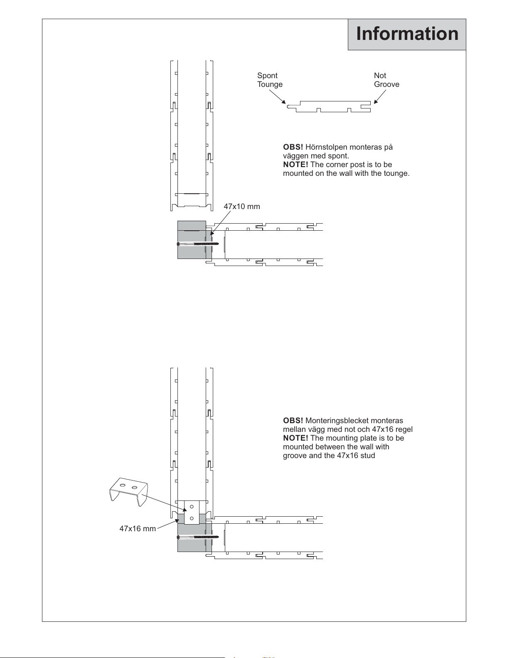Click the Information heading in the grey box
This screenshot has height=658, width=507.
point(407,34)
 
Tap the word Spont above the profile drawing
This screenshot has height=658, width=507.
point(267,76)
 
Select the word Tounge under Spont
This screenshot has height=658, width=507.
point(270,84)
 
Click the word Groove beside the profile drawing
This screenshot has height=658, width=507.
point(386,84)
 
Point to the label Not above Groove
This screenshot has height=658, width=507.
point(380,75)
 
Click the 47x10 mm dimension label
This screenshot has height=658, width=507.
point(242,207)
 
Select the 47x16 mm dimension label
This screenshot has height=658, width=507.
point(138,528)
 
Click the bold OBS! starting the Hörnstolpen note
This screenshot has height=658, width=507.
point(293,147)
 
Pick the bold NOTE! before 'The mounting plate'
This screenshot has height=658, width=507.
point(295,438)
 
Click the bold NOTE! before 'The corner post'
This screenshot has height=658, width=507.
point(295,165)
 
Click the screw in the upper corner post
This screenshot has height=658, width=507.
point(198,244)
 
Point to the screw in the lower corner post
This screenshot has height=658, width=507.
point(198,537)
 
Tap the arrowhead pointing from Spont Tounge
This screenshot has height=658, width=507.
point(283,102)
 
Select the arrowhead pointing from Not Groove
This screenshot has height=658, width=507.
point(376,101)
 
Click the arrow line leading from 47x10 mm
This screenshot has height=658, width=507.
point(220,223)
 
